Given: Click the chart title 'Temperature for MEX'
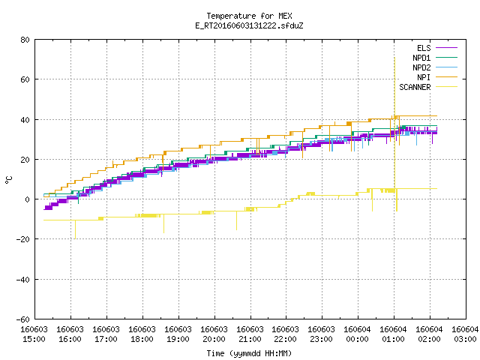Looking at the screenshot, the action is (x=249, y=16).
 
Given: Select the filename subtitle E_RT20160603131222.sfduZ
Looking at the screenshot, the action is (x=249, y=25).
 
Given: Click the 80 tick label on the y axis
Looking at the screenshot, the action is (x=25, y=40).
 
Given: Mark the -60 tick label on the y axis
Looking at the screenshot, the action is (x=23, y=319).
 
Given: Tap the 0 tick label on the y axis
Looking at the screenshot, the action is (x=28, y=199).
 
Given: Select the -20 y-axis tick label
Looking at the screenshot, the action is (x=23, y=239).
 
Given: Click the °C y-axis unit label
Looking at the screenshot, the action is (x=8, y=180).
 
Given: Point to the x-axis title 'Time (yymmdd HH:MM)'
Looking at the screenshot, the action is (x=249, y=353).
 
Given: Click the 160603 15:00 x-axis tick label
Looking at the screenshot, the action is (x=34, y=334).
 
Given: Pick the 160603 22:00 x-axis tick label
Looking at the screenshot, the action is (x=286, y=334).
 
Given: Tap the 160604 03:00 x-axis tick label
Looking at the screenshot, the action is (x=465, y=334).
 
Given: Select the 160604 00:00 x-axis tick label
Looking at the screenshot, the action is (x=358, y=334).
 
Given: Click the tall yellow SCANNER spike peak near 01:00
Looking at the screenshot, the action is (x=394, y=58).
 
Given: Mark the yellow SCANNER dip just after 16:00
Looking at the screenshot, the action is (x=75, y=238).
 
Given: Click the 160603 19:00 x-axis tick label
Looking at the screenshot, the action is (x=178, y=334).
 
